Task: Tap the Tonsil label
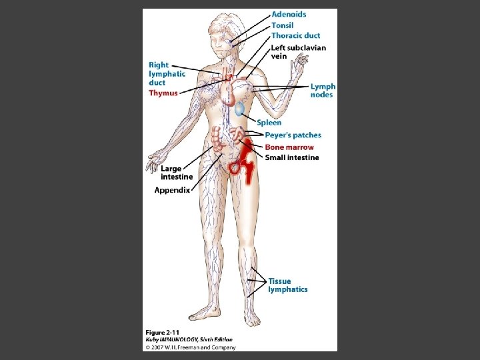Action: tap(282, 25)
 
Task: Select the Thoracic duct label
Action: tap(295, 35)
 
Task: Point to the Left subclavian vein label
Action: tap(298, 52)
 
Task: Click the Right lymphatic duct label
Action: tap(167, 74)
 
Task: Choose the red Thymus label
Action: tap(163, 93)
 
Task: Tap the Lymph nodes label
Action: tap(323, 91)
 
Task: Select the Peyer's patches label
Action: tap(293, 135)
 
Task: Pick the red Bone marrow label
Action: tap(289, 147)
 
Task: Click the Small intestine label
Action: tap(292, 158)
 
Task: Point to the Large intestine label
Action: tap(176, 173)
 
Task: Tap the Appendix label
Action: tap(172, 190)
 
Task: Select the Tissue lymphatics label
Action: tap(287, 285)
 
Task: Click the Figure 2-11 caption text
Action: tap(163, 332)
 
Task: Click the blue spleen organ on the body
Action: tap(239, 109)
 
